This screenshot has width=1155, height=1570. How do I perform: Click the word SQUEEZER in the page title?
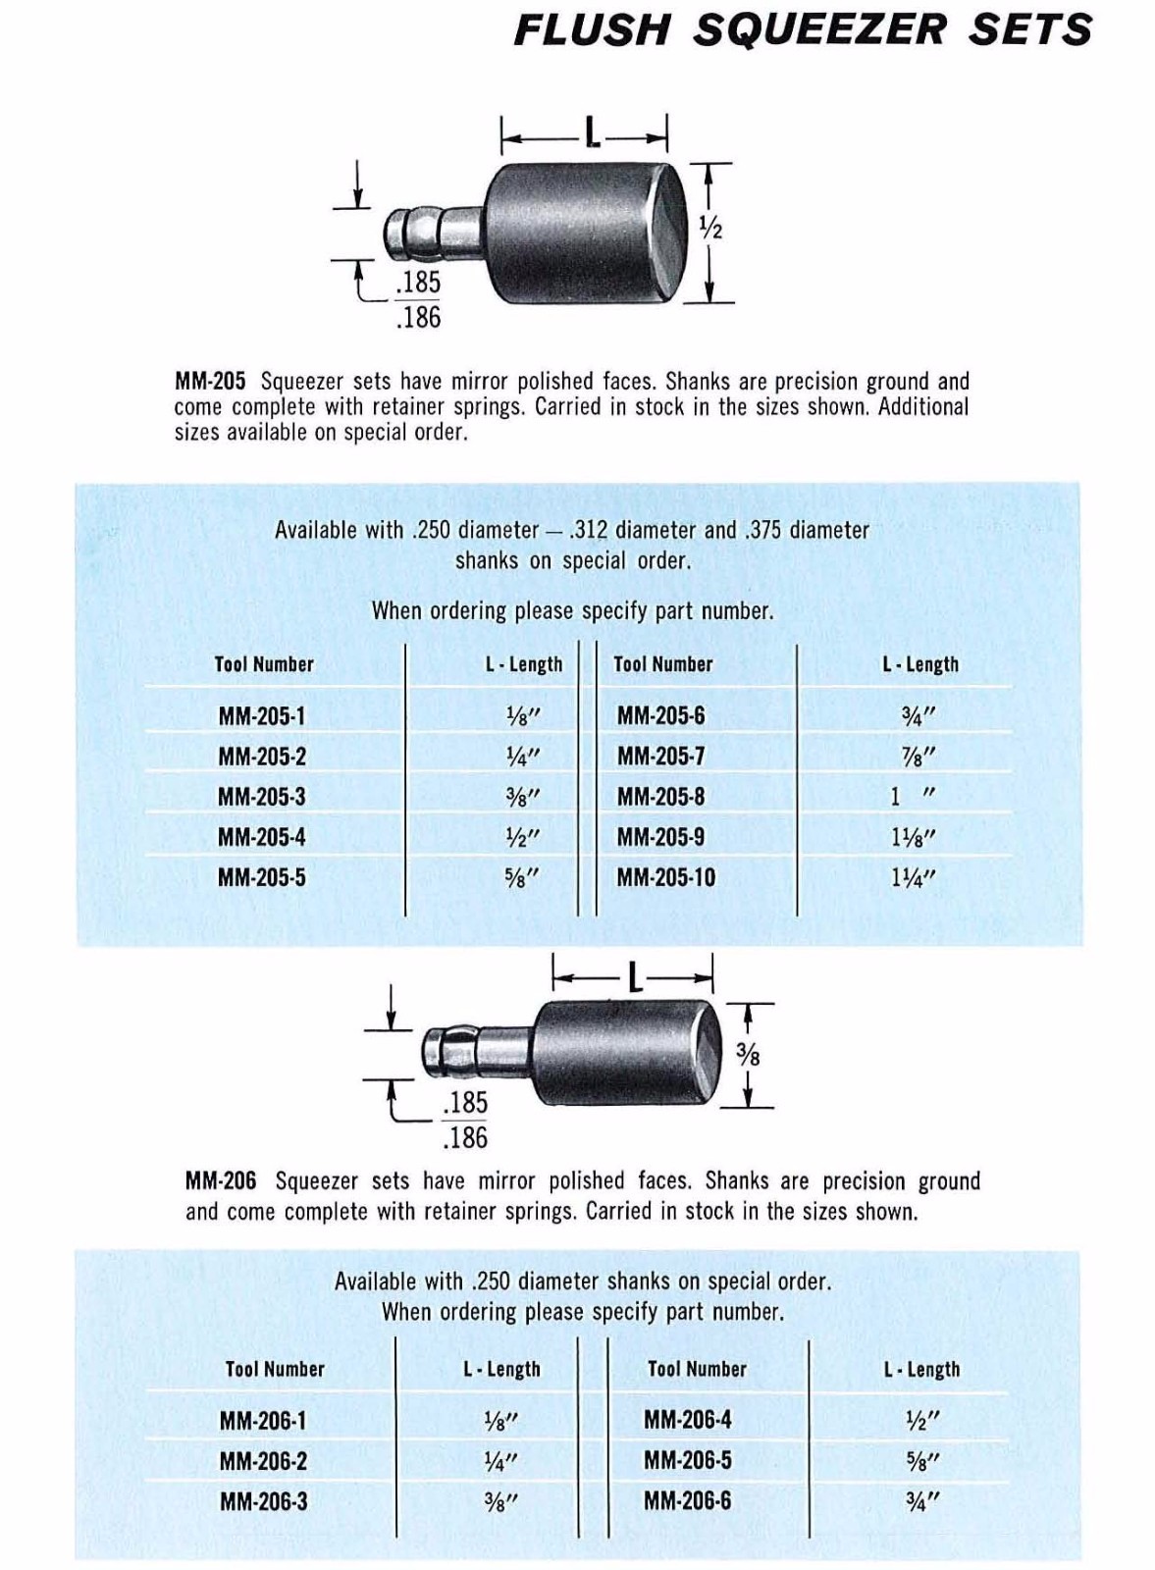click(820, 29)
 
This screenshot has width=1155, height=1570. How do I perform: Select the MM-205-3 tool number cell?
click(261, 797)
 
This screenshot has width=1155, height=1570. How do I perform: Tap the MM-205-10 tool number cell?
click(665, 877)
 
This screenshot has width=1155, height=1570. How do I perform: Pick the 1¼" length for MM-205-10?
click(913, 877)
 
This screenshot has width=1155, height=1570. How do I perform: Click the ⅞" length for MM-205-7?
click(919, 757)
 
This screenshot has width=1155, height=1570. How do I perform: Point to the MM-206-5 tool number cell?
click(687, 1460)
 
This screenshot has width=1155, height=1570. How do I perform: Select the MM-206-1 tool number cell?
click(263, 1420)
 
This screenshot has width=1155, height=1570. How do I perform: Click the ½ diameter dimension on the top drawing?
click(710, 228)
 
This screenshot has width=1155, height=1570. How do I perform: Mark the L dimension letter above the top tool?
click(592, 132)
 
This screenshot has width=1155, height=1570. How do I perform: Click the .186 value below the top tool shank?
click(418, 317)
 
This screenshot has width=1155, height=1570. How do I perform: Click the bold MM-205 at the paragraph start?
click(209, 381)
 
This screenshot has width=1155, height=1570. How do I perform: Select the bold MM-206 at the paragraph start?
click(220, 1180)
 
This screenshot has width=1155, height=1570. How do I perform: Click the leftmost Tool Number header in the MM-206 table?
click(275, 1369)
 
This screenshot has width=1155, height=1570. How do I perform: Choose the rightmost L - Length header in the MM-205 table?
click(919, 664)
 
